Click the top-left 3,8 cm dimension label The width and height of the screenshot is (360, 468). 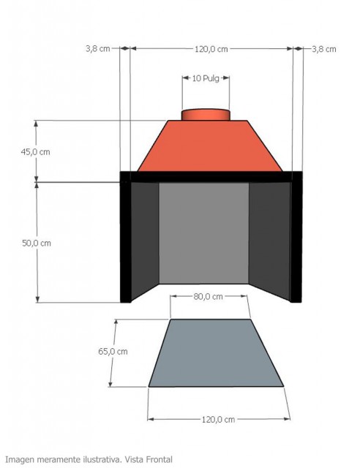[97, 49]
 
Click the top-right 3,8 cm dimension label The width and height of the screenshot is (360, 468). [323, 49]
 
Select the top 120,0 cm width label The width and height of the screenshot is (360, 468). [211, 49]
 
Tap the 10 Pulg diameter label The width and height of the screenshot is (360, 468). [206, 78]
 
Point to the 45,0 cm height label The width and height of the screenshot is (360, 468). [35, 152]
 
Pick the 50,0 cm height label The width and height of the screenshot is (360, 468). [35, 242]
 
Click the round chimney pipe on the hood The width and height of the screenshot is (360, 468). [206, 115]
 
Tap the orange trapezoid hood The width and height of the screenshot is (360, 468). [206, 146]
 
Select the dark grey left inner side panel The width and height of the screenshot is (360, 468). [145, 238]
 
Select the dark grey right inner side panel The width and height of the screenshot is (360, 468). [269, 238]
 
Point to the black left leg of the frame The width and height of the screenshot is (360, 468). [125, 241]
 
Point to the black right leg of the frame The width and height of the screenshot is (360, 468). [296, 241]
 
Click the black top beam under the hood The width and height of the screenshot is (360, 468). [211, 176]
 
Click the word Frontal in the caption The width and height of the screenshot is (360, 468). [157, 459]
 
